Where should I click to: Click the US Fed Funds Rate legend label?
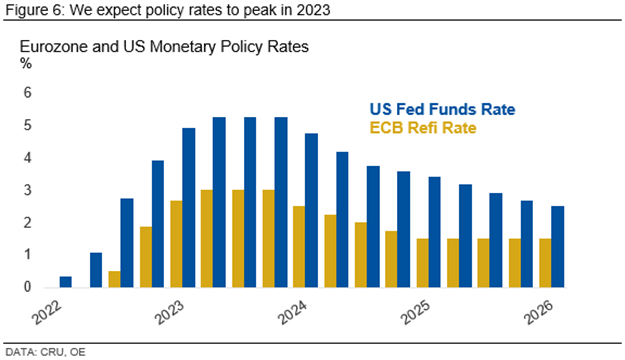(x=442, y=109)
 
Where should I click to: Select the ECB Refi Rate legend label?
(x=423, y=128)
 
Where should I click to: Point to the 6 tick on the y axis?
(x=28, y=93)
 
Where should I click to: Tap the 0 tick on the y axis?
(x=28, y=287)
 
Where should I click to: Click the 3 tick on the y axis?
(x=28, y=190)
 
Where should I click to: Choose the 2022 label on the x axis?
(x=47, y=312)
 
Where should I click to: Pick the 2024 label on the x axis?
(x=293, y=312)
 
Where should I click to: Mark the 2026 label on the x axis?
(x=539, y=312)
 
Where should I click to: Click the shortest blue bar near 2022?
(x=66, y=282)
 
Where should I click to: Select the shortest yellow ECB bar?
(x=114, y=279)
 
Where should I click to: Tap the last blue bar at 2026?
(x=558, y=247)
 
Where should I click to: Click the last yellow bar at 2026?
(x=545, y=263)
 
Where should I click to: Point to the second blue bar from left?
(x=96, y=270)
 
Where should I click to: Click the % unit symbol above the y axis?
(x=26, y=63)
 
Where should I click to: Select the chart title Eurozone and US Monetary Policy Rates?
(x=164, y=47)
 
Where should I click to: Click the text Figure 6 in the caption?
(x=34, y=10)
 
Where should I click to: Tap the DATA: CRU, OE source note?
(x=45, y=352)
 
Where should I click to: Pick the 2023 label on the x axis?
(x=170, y=312)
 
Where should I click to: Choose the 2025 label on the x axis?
(x=416, y=312)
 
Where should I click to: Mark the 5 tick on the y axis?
(x=28, y=125)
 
